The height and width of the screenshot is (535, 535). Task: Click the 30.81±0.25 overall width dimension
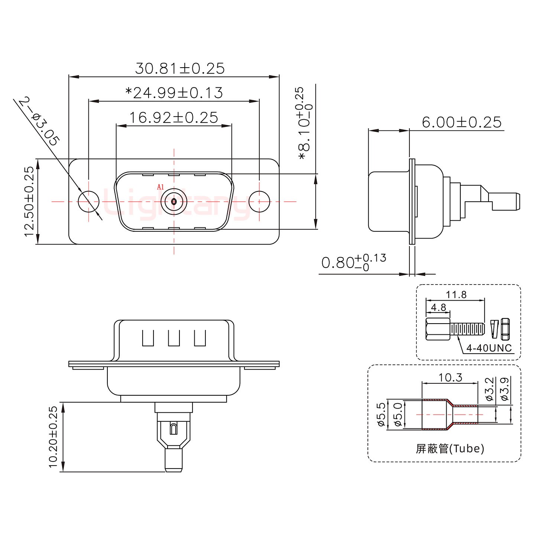[x=180, y=69]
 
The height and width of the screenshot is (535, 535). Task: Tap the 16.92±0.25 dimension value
[x=173, y=118]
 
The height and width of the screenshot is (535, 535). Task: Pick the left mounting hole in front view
[x=89, y=201]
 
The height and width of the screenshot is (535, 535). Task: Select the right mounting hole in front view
[x=259, y=201]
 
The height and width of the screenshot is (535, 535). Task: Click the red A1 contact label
[x=160, y=187]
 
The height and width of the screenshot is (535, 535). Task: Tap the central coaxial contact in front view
[x=174, y=201]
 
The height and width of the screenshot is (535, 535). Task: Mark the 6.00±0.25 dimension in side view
[x=461, y=122]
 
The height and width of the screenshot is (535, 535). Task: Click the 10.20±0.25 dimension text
[x=53, y=437]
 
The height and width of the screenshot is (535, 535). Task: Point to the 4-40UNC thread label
[x=489, y=348]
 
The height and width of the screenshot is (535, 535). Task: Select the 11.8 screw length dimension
[x=456, y=295]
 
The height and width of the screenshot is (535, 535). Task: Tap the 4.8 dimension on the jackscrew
[x=438, y=308]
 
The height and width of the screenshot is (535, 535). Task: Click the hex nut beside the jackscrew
[x=505, y=329]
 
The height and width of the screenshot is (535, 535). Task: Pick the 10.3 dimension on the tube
[x=450, y=378]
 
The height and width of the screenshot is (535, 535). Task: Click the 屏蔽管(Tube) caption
[x=450, y=449]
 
